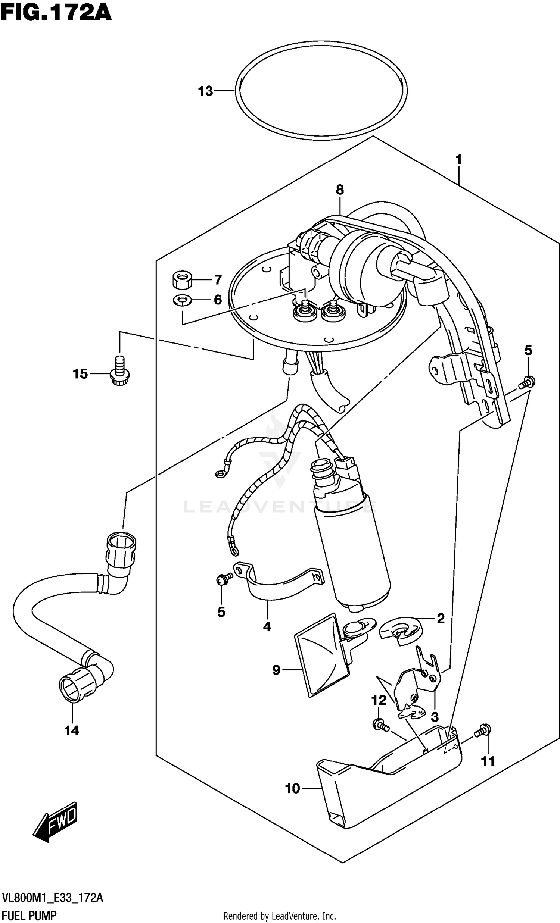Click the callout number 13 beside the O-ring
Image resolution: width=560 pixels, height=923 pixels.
coord(205,91)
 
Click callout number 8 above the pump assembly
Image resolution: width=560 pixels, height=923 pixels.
coord(340,190)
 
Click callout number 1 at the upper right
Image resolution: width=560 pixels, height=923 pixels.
coord(458,160)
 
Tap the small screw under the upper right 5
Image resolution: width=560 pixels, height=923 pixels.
coord(527,382)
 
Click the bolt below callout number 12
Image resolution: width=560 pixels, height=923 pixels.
coord(380,725)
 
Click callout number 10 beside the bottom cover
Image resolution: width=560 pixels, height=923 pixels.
coord(292,789)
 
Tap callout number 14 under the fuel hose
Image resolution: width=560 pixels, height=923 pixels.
coord(72,730)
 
